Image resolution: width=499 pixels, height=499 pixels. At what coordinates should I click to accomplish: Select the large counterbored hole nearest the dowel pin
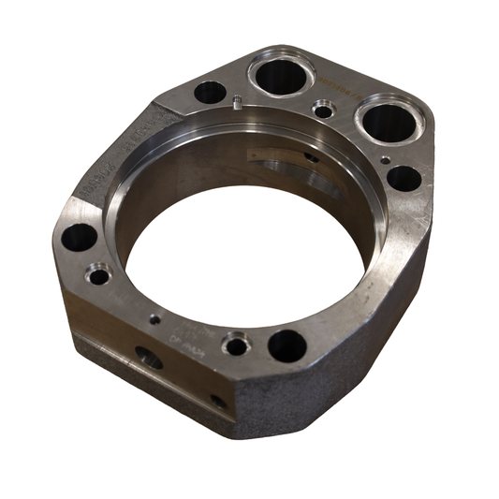coord(278,73)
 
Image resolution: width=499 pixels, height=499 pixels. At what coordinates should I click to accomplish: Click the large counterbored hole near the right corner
coord(385,121)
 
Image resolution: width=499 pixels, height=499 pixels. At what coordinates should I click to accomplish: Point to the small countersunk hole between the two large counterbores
coord(324,110)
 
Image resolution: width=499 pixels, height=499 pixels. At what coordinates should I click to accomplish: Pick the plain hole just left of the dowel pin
coord(211,93)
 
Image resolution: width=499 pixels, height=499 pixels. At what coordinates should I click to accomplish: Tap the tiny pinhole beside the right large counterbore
coord(386,160)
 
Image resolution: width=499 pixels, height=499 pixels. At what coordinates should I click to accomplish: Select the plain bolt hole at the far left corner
coord(81,237)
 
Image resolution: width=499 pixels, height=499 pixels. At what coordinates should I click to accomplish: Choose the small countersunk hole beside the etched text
coord(237,346)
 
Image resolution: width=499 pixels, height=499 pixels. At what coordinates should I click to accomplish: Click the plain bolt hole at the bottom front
coord(286,345)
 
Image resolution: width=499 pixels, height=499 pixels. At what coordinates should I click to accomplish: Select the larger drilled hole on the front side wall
coord(149,357)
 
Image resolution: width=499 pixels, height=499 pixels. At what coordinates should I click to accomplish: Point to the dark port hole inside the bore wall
coord(312,156)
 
